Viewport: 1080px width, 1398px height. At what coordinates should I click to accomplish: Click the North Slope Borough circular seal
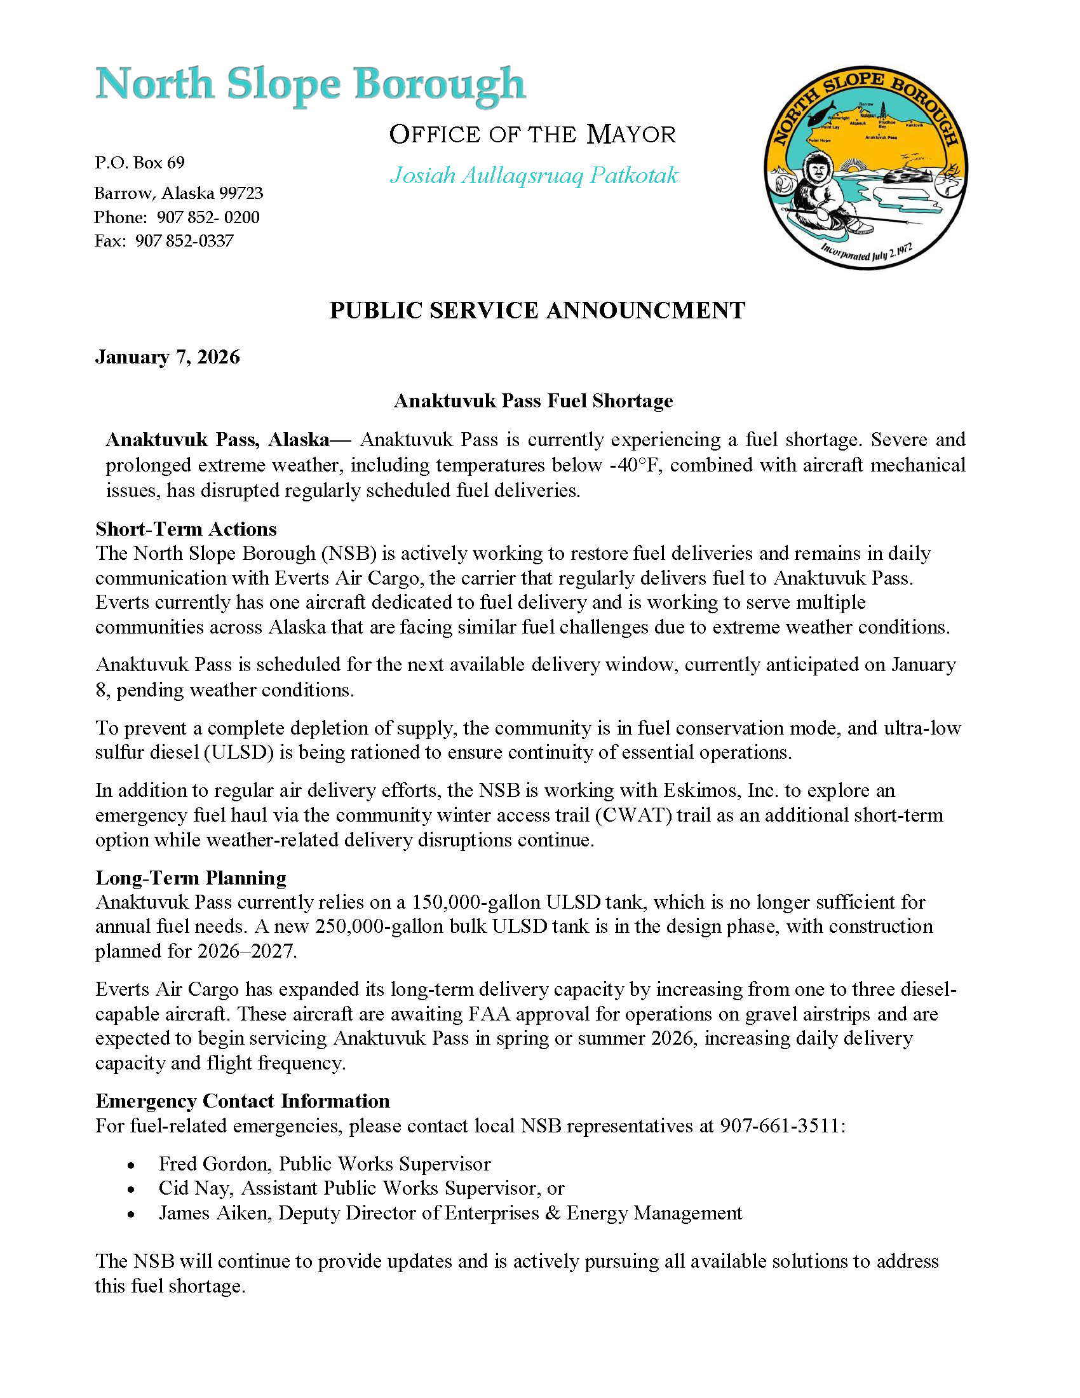click(x=865, y=168)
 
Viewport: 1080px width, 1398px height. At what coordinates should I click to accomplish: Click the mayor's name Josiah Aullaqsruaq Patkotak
click(x=534, y=175)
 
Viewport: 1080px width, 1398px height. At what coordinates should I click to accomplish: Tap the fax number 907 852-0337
click(x=184, y=241)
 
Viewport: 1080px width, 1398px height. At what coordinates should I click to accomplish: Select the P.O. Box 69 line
click(x=140, y=163)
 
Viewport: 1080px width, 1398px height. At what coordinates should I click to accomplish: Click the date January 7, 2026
click(x=168, y=356)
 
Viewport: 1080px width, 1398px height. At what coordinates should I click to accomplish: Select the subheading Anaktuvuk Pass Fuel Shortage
click(x=533, y=401)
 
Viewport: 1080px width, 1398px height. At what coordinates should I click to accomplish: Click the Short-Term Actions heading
click(x=186, y=529)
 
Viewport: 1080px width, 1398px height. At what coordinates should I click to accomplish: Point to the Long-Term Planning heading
click(x=191, y=878)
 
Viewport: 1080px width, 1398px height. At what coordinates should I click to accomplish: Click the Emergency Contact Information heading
click(x=243, y=1101)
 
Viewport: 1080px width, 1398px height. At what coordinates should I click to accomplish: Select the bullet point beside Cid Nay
click(x=131, y=1190)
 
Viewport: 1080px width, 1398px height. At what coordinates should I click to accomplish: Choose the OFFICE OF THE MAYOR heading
click(x=532, y=135)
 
